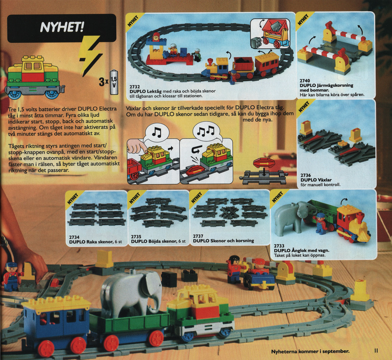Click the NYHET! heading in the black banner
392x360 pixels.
tap(62, 27)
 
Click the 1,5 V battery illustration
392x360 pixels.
tap(114, 82)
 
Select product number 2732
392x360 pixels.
tap(134, 87)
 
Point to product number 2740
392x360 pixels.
tap(305, 81)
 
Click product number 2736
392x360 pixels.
tap(305, 175)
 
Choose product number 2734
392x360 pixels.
tap(74, 238)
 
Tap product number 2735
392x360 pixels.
tap(136, 237)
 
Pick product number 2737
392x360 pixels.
tap(198, 236)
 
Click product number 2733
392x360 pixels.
tap(279, 246)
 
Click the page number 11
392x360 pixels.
tap(376, 351)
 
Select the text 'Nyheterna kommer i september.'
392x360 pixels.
tap(310, 351)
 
